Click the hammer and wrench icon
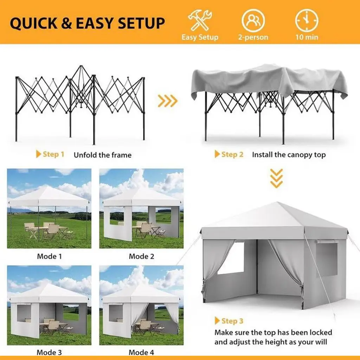click(200, 20)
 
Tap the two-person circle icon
click(253, 20)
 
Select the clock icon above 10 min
click(307, 20)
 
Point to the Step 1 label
click(50, 154)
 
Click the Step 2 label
click(229, 154)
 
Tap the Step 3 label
click(229, 321)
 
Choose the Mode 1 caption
click(49, 256)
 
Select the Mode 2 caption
click(141, 256)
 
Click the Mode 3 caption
click(49, 352)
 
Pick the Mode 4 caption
click(141, 352)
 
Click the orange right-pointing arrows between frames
click(168, 101)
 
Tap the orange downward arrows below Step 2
click(276, 178)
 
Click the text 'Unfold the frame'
click(103, 155)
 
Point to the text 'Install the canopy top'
click(289, 155)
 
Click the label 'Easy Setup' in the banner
click(200, 37)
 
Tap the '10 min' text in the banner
click(307, 37)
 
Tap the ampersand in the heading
click(66, 23)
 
